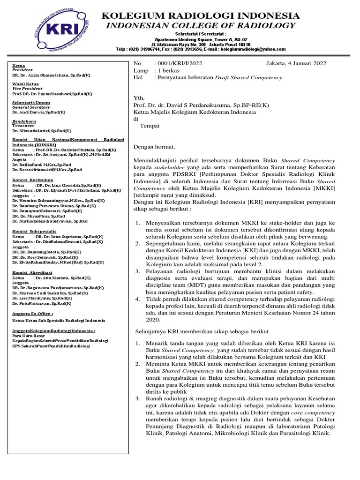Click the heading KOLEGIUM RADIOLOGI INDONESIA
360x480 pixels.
click(x=201, y=16)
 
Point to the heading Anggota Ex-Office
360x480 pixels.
click(x=33, y=313)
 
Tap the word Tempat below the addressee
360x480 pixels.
click(x=150, y=126)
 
